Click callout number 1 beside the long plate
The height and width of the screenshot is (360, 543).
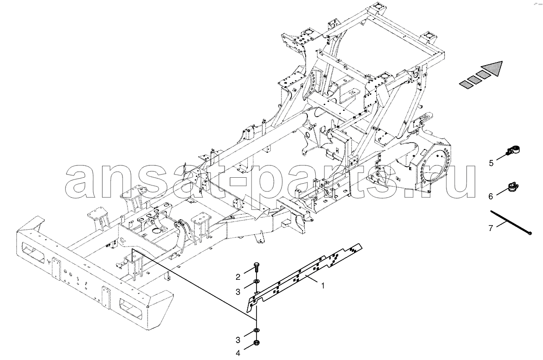click(x=323, y=286)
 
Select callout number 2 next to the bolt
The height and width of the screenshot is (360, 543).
click(x=238, y=277)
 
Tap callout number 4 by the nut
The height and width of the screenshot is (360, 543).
click(x=238, y=353)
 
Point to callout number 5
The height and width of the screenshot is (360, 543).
click(x=491, y=163)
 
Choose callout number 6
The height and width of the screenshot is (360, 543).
click(x=491, y=196)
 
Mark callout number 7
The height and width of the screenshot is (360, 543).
click(x=491, y=228)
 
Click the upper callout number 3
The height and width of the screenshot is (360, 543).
click(x=238, y=292)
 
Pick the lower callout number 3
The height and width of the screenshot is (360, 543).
click(x=238, y=339)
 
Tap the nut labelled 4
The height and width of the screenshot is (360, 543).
click(x=256, y=343)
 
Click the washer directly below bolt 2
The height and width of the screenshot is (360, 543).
click(x=256, y=281)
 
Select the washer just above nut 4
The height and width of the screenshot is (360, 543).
click(x=256, y=330)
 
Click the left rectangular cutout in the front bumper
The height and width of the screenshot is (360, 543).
click(x=33, y=252)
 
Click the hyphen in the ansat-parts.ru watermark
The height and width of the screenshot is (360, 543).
click(x=238, y=183)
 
